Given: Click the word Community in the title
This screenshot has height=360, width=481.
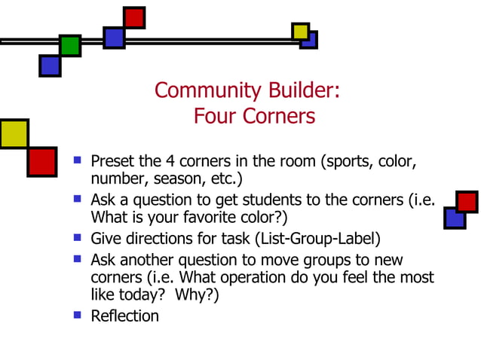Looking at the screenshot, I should point(198,90).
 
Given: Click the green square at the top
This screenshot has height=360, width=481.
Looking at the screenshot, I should point(70,45).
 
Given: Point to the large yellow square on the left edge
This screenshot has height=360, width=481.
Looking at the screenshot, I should point(13,133).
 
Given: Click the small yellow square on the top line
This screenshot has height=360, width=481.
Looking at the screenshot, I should point(301,32).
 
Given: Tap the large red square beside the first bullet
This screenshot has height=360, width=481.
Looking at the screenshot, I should point(41,161).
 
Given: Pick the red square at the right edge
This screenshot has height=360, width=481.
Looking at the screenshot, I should point(467,202).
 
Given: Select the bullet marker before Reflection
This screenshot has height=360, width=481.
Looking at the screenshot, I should point(77,314).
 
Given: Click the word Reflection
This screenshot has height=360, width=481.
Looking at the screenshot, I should point(124,316).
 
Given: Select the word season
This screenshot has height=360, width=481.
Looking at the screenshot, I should point(173,180).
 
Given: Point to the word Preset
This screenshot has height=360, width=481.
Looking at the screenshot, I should point(112,161).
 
